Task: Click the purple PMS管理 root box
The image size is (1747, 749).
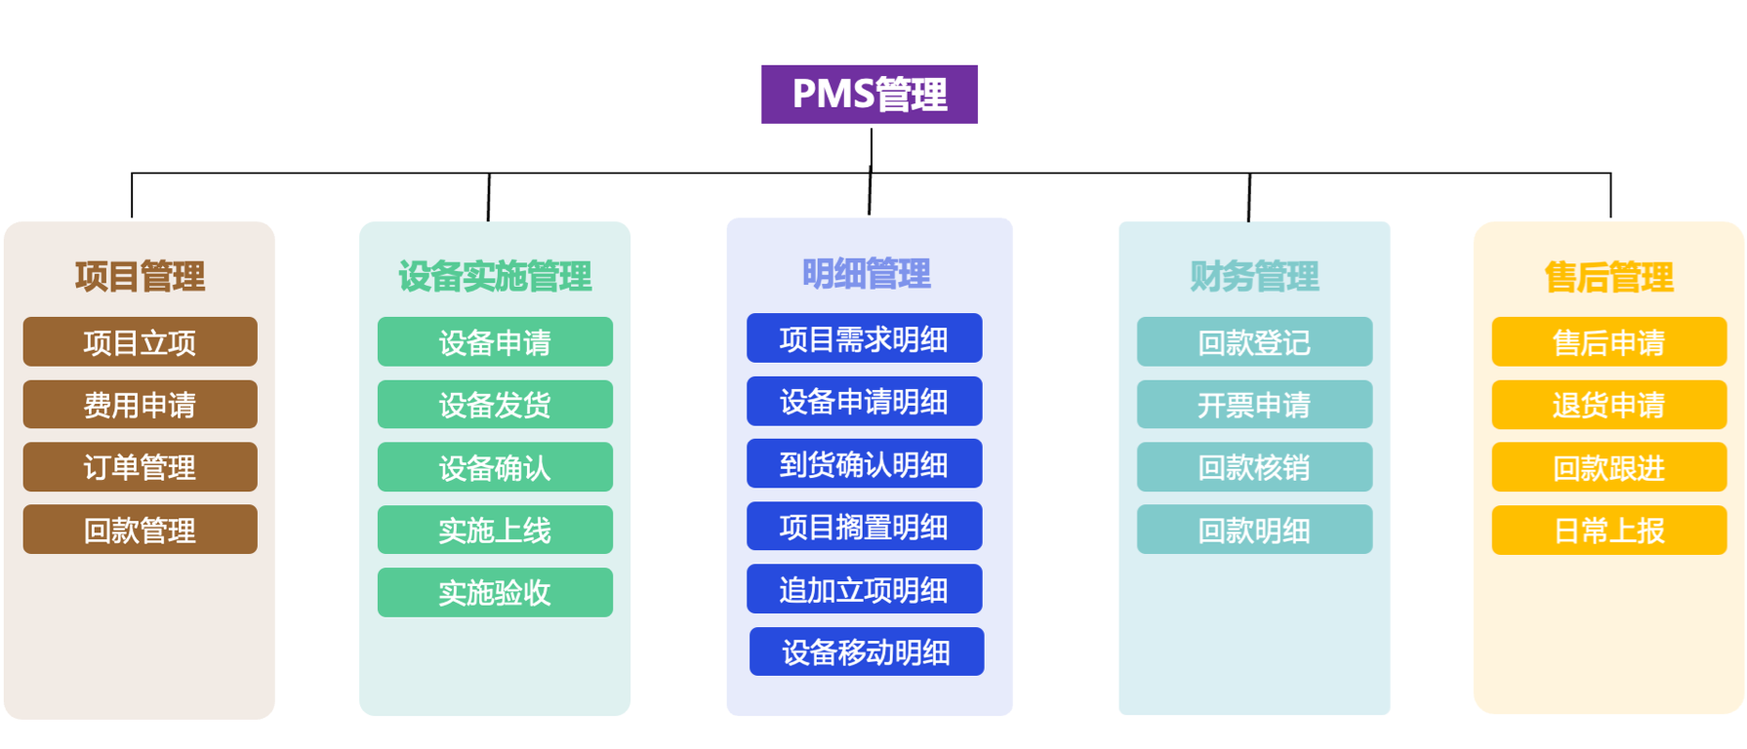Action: [x=869, y=95]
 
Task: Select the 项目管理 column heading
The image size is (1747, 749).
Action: [x=140, y=277]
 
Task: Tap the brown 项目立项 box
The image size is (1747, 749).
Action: [x=140, y=342]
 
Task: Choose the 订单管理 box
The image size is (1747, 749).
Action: [x=140, y=467]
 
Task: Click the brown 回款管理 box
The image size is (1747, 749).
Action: [x=140, y=530]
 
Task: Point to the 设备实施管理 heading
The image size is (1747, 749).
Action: [x=495, y=277]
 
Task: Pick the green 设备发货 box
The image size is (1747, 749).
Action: [x=495, y=405]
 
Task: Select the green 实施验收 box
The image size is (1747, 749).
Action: [x=495, y=592]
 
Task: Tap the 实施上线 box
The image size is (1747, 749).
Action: [x=495, y=530]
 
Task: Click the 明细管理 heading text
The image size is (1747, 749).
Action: [x=867, y=274]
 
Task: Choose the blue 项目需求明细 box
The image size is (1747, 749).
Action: [x=864, y=338]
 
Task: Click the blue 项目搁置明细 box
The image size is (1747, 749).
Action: [x=864, y=527]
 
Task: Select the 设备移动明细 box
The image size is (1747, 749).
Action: [x=867, y=651]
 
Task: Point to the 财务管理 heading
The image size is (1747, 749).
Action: [x=1254, y=277]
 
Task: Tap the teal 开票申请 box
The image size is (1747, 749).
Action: [x=1254, y=405]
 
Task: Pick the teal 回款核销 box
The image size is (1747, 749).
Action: [x=1254, y=467]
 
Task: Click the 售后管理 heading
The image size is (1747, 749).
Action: [x=1608, y=278]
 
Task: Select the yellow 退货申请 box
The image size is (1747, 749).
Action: [x=1608, y=405]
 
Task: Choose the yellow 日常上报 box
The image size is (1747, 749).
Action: [x=1608, y=531]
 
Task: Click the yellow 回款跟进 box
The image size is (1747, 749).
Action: [x=1608, y=468]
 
